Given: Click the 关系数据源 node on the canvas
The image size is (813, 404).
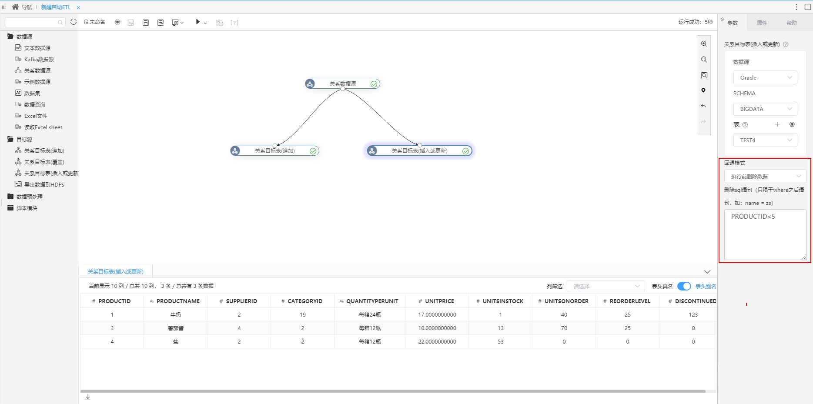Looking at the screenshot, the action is click(342, 83).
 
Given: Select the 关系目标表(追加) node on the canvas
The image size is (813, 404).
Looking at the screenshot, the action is click(274, 150).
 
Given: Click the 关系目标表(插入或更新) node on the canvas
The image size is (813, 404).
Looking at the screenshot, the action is click(419, 150).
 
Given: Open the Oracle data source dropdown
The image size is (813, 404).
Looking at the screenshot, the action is click(765, 77).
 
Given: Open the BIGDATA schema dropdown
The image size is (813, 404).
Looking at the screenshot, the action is click(765, 109).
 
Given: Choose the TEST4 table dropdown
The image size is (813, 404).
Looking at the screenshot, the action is click(765, 140).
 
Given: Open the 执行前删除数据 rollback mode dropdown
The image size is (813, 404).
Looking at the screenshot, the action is click(765, 176).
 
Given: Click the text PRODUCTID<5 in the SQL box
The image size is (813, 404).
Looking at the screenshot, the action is click(753, 217).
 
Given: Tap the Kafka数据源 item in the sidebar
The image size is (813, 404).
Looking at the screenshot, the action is click(39, 59).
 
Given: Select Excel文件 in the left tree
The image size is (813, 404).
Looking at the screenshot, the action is click(36, 116).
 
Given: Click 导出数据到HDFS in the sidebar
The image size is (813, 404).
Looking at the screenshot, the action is click(44, 184).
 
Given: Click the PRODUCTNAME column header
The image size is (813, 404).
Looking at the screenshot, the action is click(178, 301).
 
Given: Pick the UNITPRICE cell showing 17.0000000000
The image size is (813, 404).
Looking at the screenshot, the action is click(437, 314).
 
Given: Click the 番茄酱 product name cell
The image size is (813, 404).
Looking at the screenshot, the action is click(176, 328).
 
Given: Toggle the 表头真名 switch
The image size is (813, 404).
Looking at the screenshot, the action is click(684, 286).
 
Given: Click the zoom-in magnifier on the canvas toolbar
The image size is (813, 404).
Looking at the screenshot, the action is click(704, 44).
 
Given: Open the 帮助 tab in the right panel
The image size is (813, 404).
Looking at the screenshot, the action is click(791, 23).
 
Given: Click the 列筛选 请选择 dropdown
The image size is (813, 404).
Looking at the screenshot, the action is click(606, 286).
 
